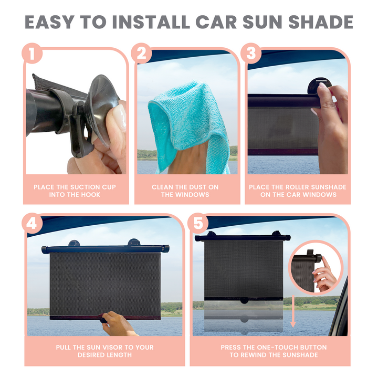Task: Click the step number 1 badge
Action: coord(32,54)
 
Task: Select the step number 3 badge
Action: coord(251,54)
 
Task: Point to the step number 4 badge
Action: coord(32,223)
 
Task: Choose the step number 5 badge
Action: coord(198,223)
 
